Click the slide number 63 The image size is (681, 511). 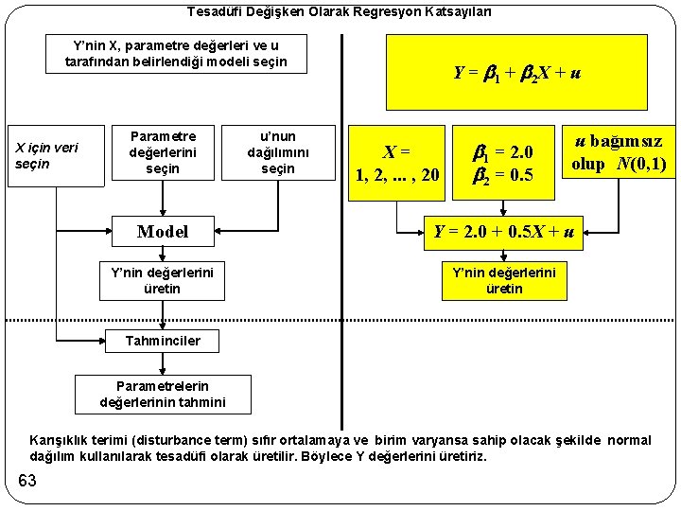pos(26,482)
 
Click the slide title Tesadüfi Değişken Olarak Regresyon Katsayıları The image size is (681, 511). pos(340,12)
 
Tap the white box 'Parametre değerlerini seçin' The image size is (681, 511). pos(163,152)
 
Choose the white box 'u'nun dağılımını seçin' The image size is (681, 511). pos(277,152)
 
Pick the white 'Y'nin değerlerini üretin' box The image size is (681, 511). pos(163,280)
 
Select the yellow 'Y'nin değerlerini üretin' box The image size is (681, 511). pos(504,280)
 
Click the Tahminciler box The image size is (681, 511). pos(163,341)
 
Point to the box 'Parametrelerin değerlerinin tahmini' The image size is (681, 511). pos(163,394)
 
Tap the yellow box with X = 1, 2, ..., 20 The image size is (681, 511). pos(397,163)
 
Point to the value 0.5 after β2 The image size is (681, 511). pos(520,174)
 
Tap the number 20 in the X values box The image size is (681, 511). pos(431,174)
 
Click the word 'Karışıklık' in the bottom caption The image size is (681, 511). pos(62,440)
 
